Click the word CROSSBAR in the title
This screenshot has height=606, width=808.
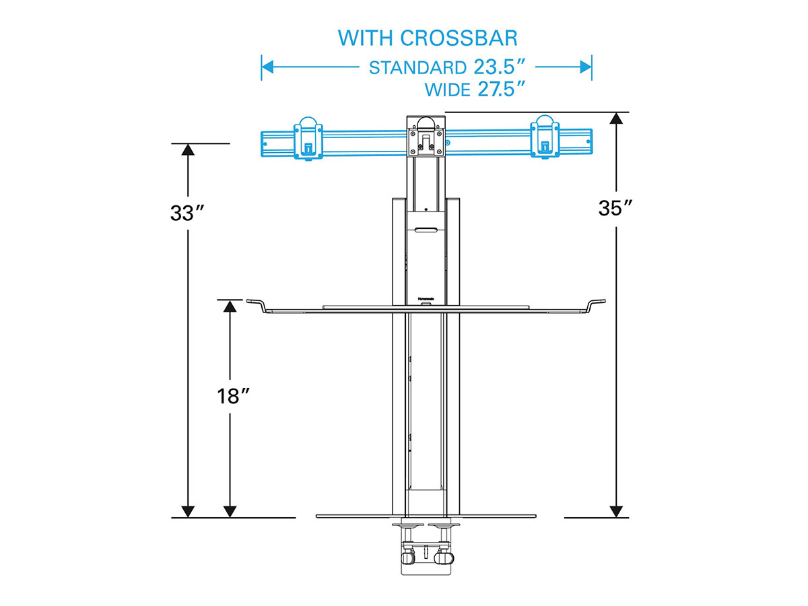[459, 38]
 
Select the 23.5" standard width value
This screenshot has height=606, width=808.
[499, 67]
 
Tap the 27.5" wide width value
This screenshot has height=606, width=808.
[501, 89]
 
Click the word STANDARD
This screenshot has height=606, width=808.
[418, 68]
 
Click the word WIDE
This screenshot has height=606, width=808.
[448, 90]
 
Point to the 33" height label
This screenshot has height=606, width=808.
[187, 213]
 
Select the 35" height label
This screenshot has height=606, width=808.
[615, 208]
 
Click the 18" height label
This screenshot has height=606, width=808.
[234, 397]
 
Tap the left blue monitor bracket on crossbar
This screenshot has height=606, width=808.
[308, 138]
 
